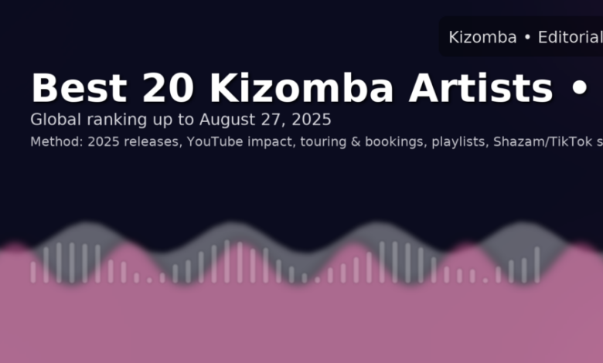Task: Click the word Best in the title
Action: coord(79,88)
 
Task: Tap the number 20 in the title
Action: coord(168,88)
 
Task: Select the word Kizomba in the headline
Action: coord(301,88)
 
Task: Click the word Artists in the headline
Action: coord(481,88)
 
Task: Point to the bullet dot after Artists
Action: coord(580,88)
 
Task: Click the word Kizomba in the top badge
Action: coord(482,37)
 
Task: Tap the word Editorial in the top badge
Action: coord(570,37)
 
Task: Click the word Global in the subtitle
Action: coord(56,120)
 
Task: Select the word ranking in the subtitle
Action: coord(117,120)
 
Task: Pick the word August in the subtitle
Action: coord(227,120)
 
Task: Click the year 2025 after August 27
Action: coord(312,120)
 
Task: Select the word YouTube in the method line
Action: coord(215,142)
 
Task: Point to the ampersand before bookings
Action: coord(356,142)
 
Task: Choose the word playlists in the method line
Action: coord(460,143)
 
